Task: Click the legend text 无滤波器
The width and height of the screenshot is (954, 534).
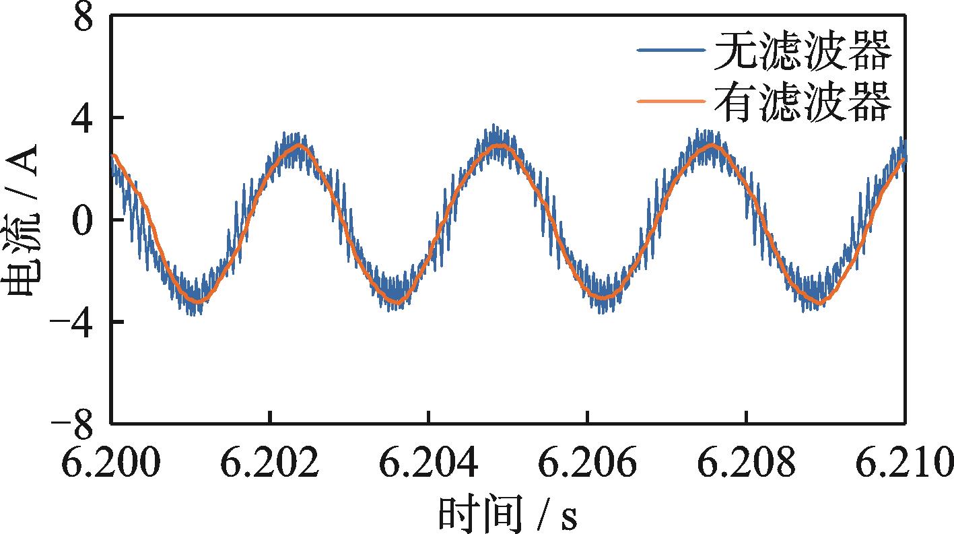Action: pos(802,52)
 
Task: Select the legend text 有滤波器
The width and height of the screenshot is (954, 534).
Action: pos(802,102)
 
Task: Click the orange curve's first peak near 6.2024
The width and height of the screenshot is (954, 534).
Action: pos(300,145)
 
